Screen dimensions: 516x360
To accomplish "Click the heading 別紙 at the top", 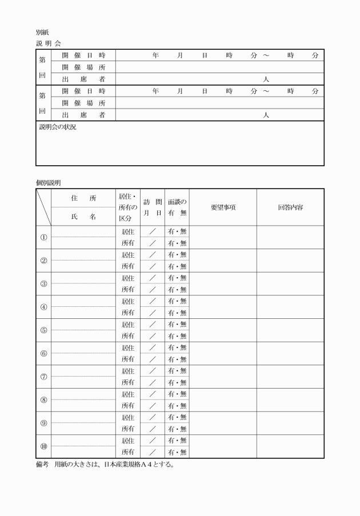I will pos(42,33).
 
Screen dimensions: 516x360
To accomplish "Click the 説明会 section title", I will pos(48,43).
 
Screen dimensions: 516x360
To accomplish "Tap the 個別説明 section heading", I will pos(48,182).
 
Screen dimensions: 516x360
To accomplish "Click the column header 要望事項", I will pos(223,207).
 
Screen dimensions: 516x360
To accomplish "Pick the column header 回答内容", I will pos(290,207).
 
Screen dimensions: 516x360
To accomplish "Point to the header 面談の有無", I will pos(177,207).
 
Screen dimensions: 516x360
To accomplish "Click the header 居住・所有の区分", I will pos(128,207).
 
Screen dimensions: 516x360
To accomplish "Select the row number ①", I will pos(43,238).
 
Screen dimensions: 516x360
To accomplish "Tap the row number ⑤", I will pos(43,330).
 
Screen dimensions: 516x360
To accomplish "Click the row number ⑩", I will pos(43,446).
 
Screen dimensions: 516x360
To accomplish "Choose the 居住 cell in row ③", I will pos(128,278).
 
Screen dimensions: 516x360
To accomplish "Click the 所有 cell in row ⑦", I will pos(128,382).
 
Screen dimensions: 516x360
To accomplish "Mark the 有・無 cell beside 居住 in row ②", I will pos(177,255).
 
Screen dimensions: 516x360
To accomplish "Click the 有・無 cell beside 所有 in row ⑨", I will pos(177,429).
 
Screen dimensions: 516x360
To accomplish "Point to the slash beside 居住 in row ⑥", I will pos(153,348).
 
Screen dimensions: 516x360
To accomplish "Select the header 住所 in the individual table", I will pos(83,198).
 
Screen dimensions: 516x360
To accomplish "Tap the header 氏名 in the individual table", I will pos(83,217).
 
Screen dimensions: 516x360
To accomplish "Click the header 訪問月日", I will pos(153,207).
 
